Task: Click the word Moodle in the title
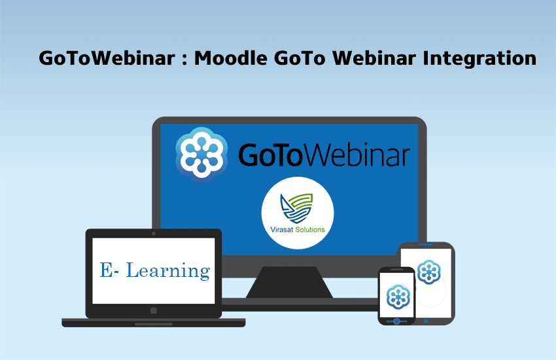230,58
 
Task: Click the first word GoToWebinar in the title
107,58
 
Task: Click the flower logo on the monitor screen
201,154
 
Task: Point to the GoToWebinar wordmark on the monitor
324,155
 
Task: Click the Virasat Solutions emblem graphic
297,208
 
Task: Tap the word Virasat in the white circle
282,230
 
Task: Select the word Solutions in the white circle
310,230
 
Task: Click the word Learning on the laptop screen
168,270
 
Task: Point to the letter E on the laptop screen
106,270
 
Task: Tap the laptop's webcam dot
154,234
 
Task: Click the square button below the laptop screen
154,311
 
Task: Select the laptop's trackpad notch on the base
154,324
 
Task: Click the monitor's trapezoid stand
289,282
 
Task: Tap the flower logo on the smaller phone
398,297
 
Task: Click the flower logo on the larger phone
429,272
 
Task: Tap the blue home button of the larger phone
426,321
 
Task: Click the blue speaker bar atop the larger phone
426,244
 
